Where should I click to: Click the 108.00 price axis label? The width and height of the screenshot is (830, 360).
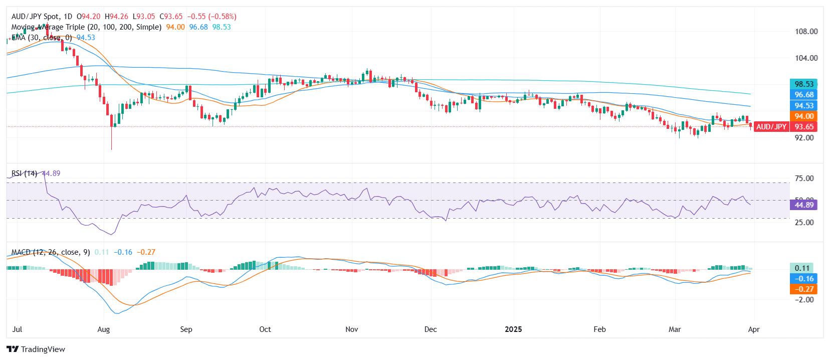pyautogui.click(x=806, y=32)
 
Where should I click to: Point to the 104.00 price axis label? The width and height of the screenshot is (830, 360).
pyautogui.click(x=806, y=58)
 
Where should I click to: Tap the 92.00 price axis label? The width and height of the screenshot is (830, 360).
pyautogui.click(x=804, y=138)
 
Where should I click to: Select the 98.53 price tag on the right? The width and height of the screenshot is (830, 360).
pyautogui.click(x=804, y=84)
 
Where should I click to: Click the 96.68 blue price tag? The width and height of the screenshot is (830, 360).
pyautogui.click(x=804, y=95)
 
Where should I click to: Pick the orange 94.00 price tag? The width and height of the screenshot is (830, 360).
pyautogui.click(x=804, y=116)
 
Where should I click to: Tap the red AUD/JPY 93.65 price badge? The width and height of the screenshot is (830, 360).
pyautogui.click(x=785, y=127)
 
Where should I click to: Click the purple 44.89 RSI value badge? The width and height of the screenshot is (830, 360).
pyautogui.click(x=804, y=205)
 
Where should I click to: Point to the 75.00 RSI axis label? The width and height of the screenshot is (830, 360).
pyautogui.click(x=804, y=178)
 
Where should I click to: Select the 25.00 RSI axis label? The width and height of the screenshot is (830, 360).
pyautogui.click(x=804, y=223)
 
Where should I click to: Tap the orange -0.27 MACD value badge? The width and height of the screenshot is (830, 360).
pyautogui.click(x=804, y=289)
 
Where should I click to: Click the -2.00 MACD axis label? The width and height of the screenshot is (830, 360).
pyautogui.click(x=804, y=300)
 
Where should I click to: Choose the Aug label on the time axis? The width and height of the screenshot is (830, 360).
pyautogui.click(x=103, y=329)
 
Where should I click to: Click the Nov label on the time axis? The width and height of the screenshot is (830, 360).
pyautogui.click(x=352, y=329)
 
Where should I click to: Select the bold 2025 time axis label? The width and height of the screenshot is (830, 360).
pyautogui.click(x=513, y=329)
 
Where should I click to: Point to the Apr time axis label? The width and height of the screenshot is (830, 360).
pyautogui.click(x=754, y=329)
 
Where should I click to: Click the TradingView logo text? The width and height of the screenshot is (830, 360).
pyautogui.click(x=43, y=349)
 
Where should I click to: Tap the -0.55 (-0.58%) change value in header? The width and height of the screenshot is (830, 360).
pyautogui.click(x=212, y=17)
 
